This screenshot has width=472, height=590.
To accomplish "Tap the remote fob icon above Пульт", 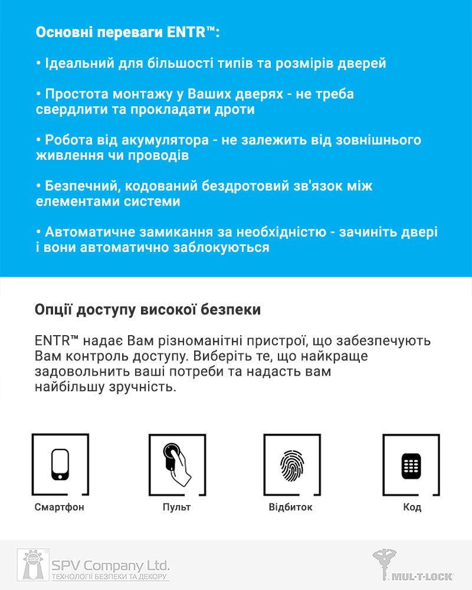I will pyautogui.click(x=176, y=464).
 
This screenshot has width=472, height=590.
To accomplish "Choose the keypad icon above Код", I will pyautogui.click(x=411, y=466).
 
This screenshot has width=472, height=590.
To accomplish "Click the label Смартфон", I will pyautogui.click(x=60, y=507).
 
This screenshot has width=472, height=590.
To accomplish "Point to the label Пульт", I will pyautogui.click(x=177, y=507).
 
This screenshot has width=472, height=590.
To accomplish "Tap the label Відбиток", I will pyautogui.click(x=291, y=507).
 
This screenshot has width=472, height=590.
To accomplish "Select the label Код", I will pyautogui.click(x=412, y=507).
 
